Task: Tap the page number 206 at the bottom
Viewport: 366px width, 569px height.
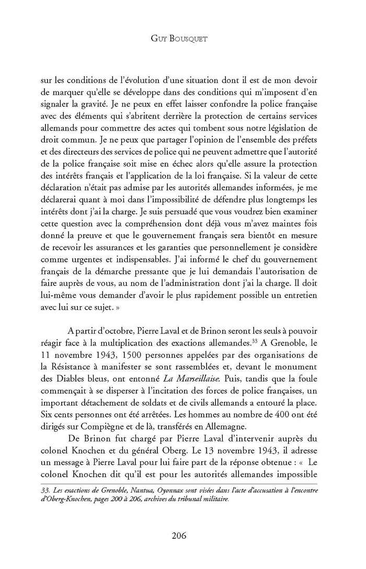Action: click(x=182, y=536)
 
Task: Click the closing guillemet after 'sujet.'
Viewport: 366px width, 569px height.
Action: click(x=105, y=308)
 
